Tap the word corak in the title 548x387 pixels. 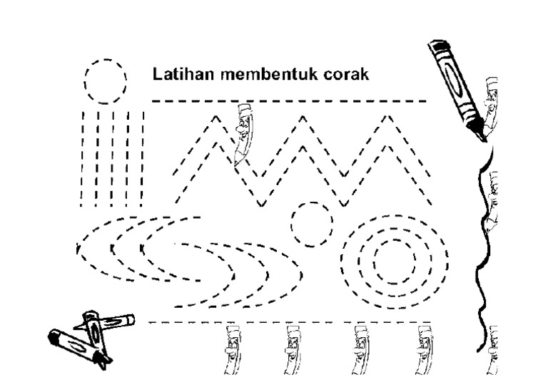(347, 75)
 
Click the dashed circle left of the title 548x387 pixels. (106, 81)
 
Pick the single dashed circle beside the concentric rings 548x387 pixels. (312, 223)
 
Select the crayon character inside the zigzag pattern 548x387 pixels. (243, 132)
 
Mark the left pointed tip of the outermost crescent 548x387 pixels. (76, 248)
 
